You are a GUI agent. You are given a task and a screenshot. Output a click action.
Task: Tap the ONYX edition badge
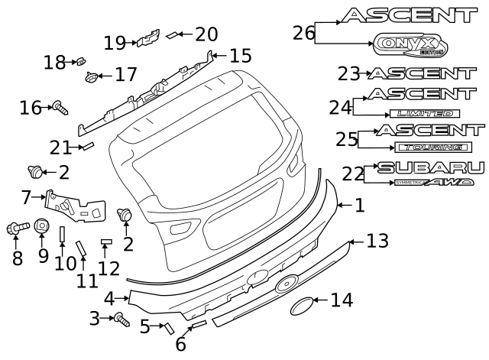(x=411, y=47)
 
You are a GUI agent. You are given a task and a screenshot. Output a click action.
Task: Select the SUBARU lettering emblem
(x=430, y=167)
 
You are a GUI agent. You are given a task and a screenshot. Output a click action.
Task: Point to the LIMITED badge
(x=424, y=113)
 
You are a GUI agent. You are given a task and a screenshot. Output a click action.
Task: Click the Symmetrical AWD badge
(x=434, y=183)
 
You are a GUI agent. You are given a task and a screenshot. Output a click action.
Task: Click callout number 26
(x=303, y=32)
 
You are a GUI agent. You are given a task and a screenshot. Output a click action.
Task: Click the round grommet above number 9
(x=42, y=227)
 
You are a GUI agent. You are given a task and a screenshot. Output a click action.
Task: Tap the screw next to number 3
(x=120, y=319)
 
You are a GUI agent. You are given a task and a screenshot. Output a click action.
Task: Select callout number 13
(x=377, y=242)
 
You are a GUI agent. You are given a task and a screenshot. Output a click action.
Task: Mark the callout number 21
(x=60, y=147)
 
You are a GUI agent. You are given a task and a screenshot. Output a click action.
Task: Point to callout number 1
(x=359, y=205)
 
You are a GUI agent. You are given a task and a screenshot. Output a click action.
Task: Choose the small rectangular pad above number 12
(x=107, y=242)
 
